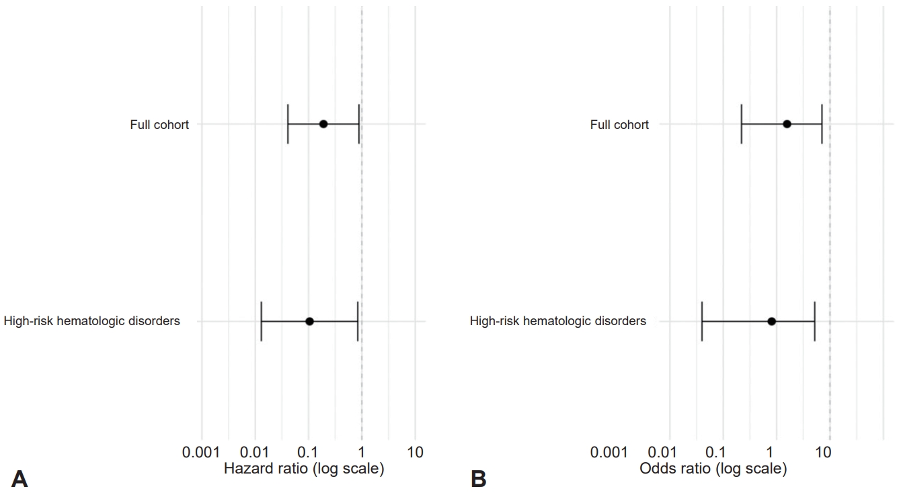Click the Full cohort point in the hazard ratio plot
click(323, 124)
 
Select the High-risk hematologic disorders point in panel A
click(309, 321)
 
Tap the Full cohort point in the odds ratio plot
click(787, 124)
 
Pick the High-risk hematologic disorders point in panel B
click(772, 321)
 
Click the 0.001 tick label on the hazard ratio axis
click(201, 452)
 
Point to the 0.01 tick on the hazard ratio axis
click(255, 452)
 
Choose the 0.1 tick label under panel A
click(308, 452)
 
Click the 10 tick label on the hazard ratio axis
click(415, 452)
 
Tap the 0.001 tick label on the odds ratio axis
click(610, 452)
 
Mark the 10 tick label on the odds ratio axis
click(824, 452)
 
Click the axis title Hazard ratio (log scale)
click(304, 469)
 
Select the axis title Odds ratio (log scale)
click(713, 469)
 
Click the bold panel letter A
click(20, 479)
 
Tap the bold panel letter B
click(479, 479)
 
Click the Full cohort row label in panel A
click(159, 125)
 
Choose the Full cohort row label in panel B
click(619, 125)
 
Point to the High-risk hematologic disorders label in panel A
click(92, 321)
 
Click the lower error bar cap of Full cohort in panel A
click(288, 124)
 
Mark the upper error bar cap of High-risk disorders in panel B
click(814, 321)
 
